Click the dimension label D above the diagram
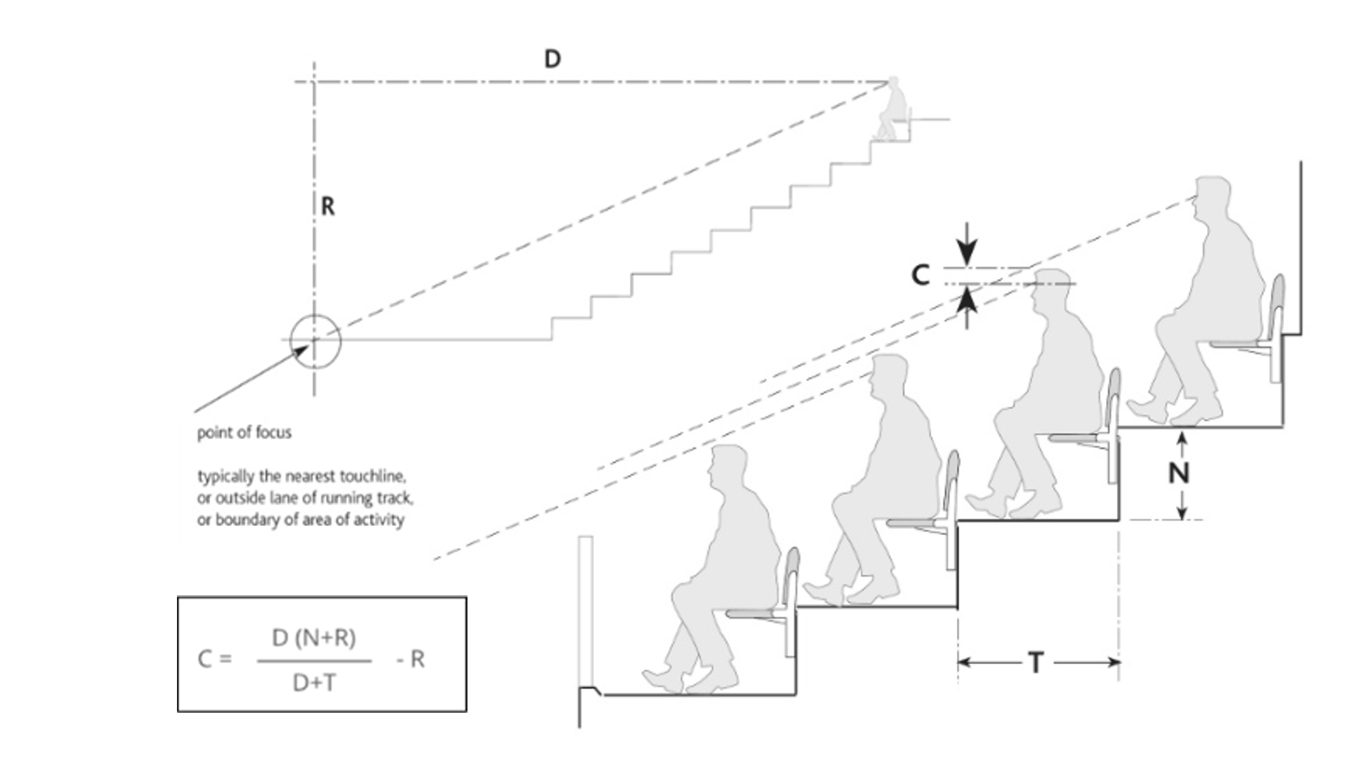pos(552,59)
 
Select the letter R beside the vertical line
pos(327,207)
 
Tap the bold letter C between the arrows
pos(920,275)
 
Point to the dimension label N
pos(1179,472)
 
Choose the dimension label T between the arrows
pos(1036,662)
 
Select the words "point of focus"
pos(244,433)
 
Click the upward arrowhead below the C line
pos(967,299)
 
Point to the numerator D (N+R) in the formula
pos(314,638)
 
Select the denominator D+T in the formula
pos(314,684)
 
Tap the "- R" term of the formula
pos(411,659)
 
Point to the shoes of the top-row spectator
pos(1174,410)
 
